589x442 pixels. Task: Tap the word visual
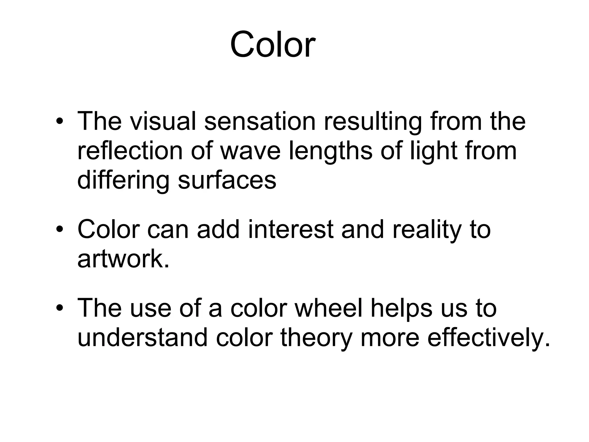(x=163, y=121)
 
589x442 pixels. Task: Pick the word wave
(x=250, y=152)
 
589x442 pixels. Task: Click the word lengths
(x=330, y=152)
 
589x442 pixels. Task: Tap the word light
(x=433, y=152)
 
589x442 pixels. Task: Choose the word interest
(x=290, y=229)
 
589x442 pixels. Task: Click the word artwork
(x=123, y=259)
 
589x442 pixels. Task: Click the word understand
(x=142, y=338)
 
